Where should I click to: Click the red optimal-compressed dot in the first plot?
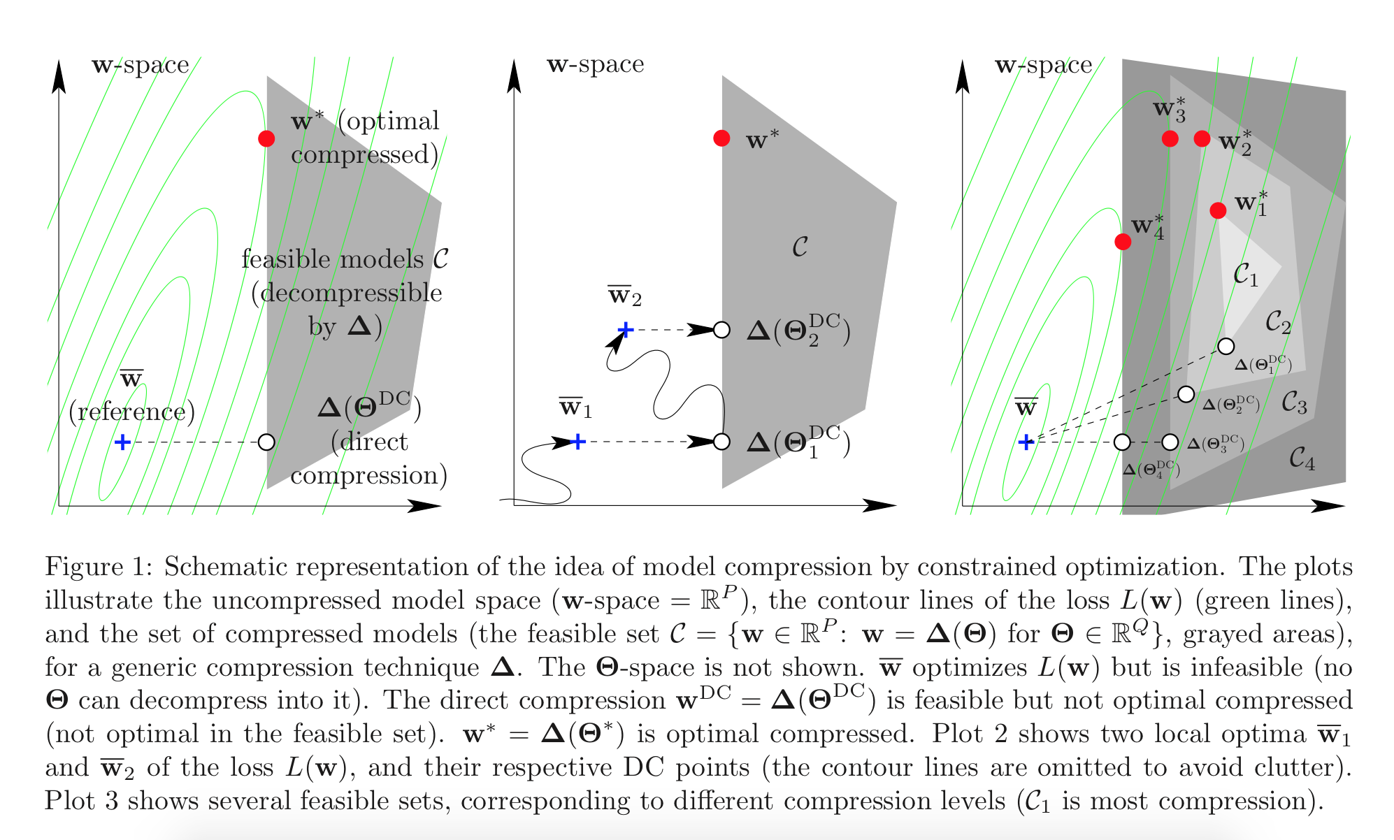pyautogui.click(x=266, y=138)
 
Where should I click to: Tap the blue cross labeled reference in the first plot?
pyautogui.click(x=122, y=442)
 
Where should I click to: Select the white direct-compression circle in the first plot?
pyautogui.click(x=266, y=442)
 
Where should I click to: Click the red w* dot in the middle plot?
pyautogui.click(x=721, y=138)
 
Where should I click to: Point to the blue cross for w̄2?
pyautogui.click(x=626, y=329)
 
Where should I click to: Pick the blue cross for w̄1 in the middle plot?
pyautogui.click(x=578, y=442)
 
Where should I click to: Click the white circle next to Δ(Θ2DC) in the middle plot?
pyautogui.click(x=721, y=329)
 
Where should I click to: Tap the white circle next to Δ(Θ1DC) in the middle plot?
pyautogui.click(x=721, y=442)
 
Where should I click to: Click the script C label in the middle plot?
pyautogui.click(x=800, y=247)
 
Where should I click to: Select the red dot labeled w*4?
pyautogui.click(x=1123, y=242)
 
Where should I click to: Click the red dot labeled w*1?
pyautogui.click(x=1218, y=210)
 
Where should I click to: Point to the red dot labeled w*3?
pyautogui.click(x=1170, y=138)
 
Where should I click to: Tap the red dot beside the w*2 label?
pyautogui.click(x=1202, y=138)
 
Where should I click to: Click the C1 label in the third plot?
pyautogui.click(x=1245, y=275)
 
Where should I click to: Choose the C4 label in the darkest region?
pyautogui.click(x=1302, y=458)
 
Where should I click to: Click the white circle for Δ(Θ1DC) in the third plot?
pyautogui.click(x=1226, y=346)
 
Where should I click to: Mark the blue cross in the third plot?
pyautogui.click(x=1026, y=442)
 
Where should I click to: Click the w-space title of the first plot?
pyautogui.click(x=141, y=65)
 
